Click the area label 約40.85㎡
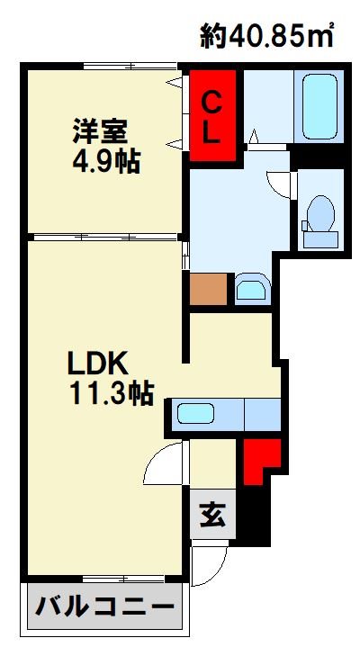(x=266, y=35)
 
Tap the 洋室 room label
(x=100, y=130)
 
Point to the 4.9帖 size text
(x=106, y=161)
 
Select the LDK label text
(x=97, y=364)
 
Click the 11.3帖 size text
(x=112, y=393)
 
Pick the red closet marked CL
(x=212, y=115)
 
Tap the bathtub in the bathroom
(x=319, y=106)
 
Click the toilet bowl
(x=321, y=213)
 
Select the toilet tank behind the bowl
(x=320, y=239)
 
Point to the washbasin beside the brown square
(x=252, y=289)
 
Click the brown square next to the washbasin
(x=209, y=289)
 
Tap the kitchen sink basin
(x=195, y=413)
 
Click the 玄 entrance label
(x=212, y=515)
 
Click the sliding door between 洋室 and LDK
(x=105, y=237)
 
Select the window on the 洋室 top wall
(x=130, y=66)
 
